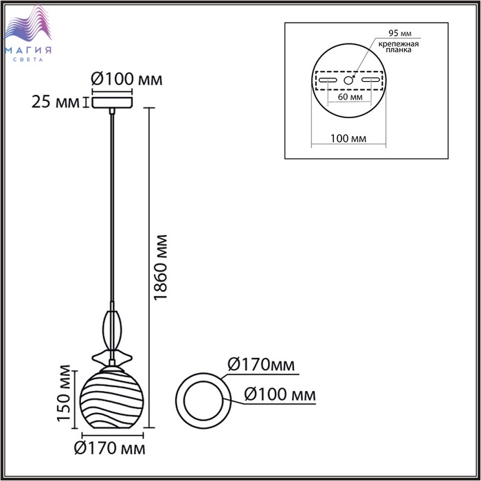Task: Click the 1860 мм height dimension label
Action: (161, 267)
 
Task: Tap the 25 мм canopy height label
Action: (56, 102)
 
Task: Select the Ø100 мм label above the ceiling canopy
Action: (126, 79)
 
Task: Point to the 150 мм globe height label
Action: (64, 393)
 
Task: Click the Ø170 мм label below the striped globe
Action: (110, 449)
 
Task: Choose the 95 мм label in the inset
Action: (400, 33)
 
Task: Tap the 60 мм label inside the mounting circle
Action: (350, 97)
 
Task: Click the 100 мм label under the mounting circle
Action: (348, 139)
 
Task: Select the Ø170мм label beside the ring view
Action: (261, 365)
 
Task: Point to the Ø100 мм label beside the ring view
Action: (280, 394)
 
